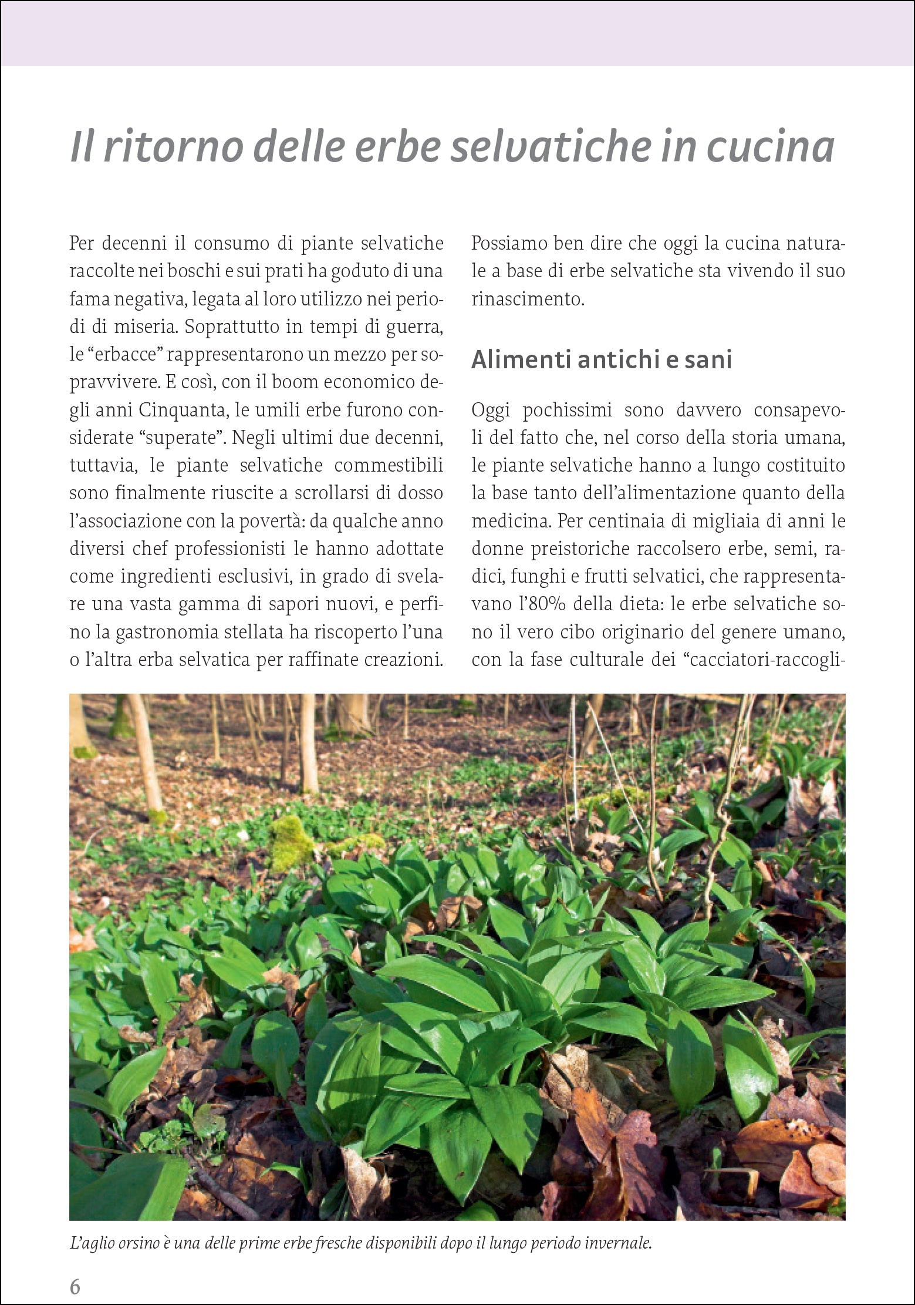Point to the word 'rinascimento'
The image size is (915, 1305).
528,299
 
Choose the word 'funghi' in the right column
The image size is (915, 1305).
538,576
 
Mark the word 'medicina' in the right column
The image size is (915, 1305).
508,521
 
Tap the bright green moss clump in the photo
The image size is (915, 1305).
292,841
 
